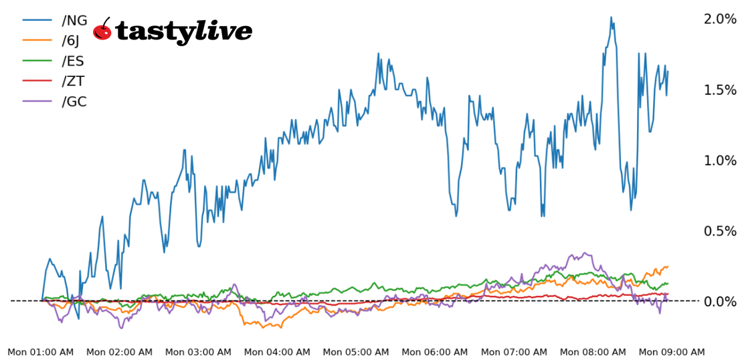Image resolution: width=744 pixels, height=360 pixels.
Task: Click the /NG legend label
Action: [x=74, y=20]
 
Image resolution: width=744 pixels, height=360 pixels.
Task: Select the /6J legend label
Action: [x=70, y=41]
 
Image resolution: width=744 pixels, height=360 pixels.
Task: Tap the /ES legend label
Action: [x=73, y=61]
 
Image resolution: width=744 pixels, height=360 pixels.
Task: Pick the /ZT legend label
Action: [x=73, y=82]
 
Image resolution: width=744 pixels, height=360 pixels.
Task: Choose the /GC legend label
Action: [x=74, y=102]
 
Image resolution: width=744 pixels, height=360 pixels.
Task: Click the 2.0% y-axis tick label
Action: [x=720, y=19]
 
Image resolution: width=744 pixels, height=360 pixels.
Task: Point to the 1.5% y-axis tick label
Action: [x=720, y=90]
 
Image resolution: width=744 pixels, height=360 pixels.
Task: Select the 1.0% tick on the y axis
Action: [x=720, y=161]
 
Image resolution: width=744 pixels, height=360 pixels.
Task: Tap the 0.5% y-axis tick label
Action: [x=720, y=231]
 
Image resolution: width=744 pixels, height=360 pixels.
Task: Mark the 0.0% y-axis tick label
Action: [x=720, y=302]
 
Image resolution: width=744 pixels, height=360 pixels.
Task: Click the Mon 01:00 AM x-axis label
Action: [x=41, y=352]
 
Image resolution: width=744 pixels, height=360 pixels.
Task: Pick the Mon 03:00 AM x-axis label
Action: [x=199, y=352]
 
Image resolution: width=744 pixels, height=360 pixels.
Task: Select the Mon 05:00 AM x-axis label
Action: [x=356, y=352]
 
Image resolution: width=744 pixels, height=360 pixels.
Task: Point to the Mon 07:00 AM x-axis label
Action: [x=514, y=352]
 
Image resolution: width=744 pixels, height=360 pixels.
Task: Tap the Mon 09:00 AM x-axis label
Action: [x=672, y=352]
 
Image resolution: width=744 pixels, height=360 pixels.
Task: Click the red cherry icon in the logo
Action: [x=102, y=30]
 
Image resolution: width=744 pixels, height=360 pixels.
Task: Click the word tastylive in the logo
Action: [x=184, y=31]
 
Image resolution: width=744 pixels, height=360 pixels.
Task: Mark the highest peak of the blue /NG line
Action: [x=612, y=17]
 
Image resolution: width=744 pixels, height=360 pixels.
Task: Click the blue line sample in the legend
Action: [x=38, y=20]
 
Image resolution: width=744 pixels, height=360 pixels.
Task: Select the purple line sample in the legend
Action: [x=38, y=102]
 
